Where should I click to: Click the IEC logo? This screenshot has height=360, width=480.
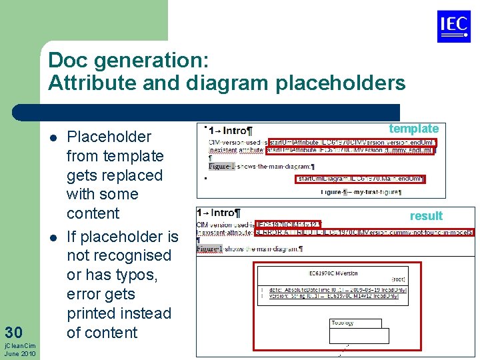coord(453,26)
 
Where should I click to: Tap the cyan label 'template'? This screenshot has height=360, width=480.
coord(413,129)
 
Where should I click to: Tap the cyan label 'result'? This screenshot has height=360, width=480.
coord(426,215)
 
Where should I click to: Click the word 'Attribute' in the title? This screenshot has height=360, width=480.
coord(82,83)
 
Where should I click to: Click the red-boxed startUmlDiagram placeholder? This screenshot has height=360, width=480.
coord(360,179)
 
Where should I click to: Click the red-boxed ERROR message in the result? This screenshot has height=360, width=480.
coord(364,233)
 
